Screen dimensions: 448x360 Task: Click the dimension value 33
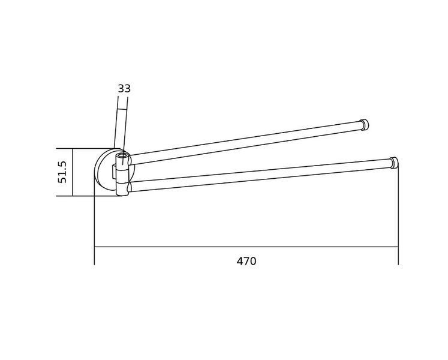coord(124,89)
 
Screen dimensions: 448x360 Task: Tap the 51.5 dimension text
coord(62,172)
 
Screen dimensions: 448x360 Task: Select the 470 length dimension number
coord(246,262)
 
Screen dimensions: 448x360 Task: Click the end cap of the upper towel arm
coord(364,125)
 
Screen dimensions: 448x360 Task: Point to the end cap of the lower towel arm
coord(393,163)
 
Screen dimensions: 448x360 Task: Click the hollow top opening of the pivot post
coord(122,156)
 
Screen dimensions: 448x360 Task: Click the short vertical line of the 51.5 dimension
coord(73,172)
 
